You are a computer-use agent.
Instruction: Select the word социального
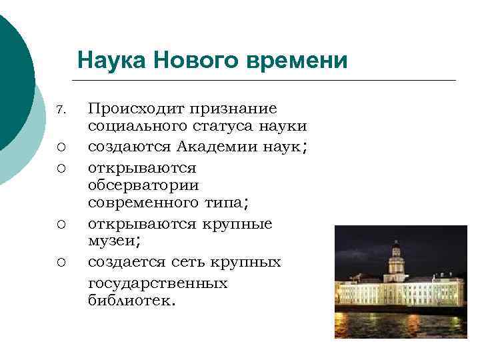click(x=139, y=127)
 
